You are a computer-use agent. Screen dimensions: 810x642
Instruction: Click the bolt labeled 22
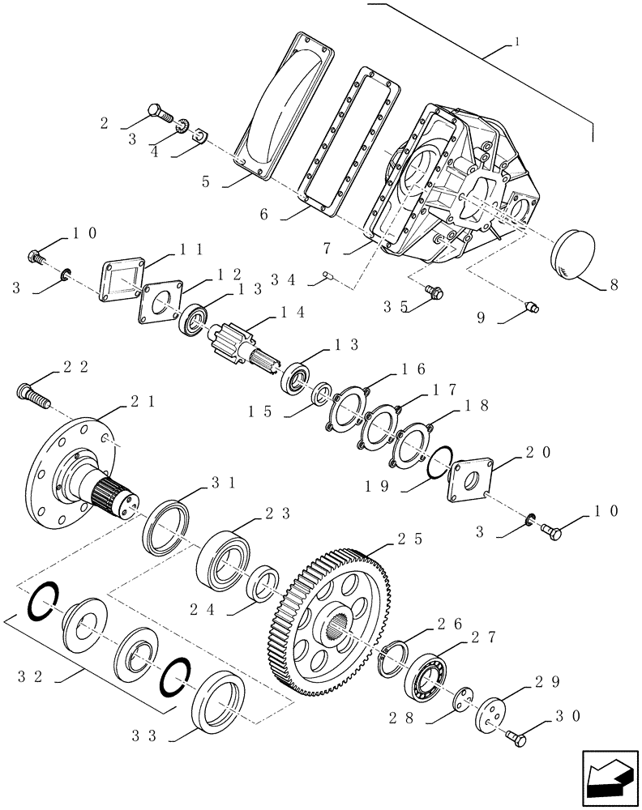click(x=32, y=397)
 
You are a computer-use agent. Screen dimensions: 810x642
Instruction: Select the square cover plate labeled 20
click(x=469, y=483)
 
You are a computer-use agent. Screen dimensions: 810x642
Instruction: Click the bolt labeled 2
click(x=161, y=113)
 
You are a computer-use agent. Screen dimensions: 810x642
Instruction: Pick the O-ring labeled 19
click(x=437, y=463)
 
